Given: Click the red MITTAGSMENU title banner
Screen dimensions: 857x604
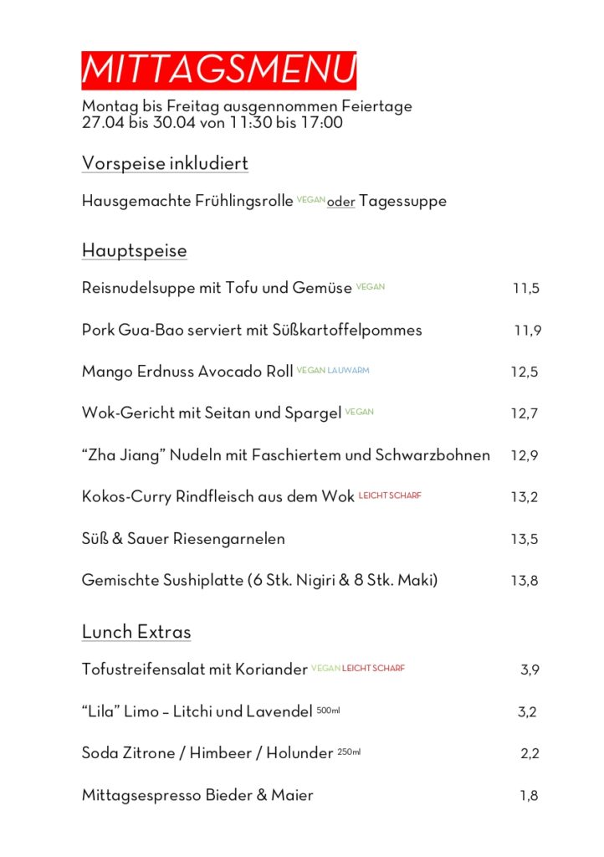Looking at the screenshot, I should [218, 70].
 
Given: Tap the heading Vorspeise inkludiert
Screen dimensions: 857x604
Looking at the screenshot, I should [165, 163].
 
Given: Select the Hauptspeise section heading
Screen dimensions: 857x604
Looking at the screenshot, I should [134, 250].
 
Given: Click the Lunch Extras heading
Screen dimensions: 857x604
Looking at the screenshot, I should [136, 632].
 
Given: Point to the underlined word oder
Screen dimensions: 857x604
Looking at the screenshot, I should [341, 203].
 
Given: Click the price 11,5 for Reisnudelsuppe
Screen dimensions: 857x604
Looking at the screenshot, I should [526, 289].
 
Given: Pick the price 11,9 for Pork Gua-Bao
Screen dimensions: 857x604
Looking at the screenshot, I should [527, 331].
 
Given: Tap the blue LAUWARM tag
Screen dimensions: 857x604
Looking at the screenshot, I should [349, 370].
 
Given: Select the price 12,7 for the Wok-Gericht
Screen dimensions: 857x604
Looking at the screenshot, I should [525, 413].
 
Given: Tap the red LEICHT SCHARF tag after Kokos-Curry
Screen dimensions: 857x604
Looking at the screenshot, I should [390, 495].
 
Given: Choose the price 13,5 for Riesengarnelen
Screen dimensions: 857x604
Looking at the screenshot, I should [525, 539].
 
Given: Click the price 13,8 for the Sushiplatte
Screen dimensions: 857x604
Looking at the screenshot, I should [525, 581].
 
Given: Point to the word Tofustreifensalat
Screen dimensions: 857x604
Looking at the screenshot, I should [148, 670].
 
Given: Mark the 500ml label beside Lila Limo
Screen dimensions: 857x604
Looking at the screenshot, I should [329, 711].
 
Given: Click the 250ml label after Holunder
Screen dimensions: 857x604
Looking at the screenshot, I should [349, 752].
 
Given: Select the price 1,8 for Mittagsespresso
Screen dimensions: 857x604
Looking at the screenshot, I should [529, 796].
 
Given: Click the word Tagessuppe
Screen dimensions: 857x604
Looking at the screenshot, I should [402, 202].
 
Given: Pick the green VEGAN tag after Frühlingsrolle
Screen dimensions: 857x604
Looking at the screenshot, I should [310, 201].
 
